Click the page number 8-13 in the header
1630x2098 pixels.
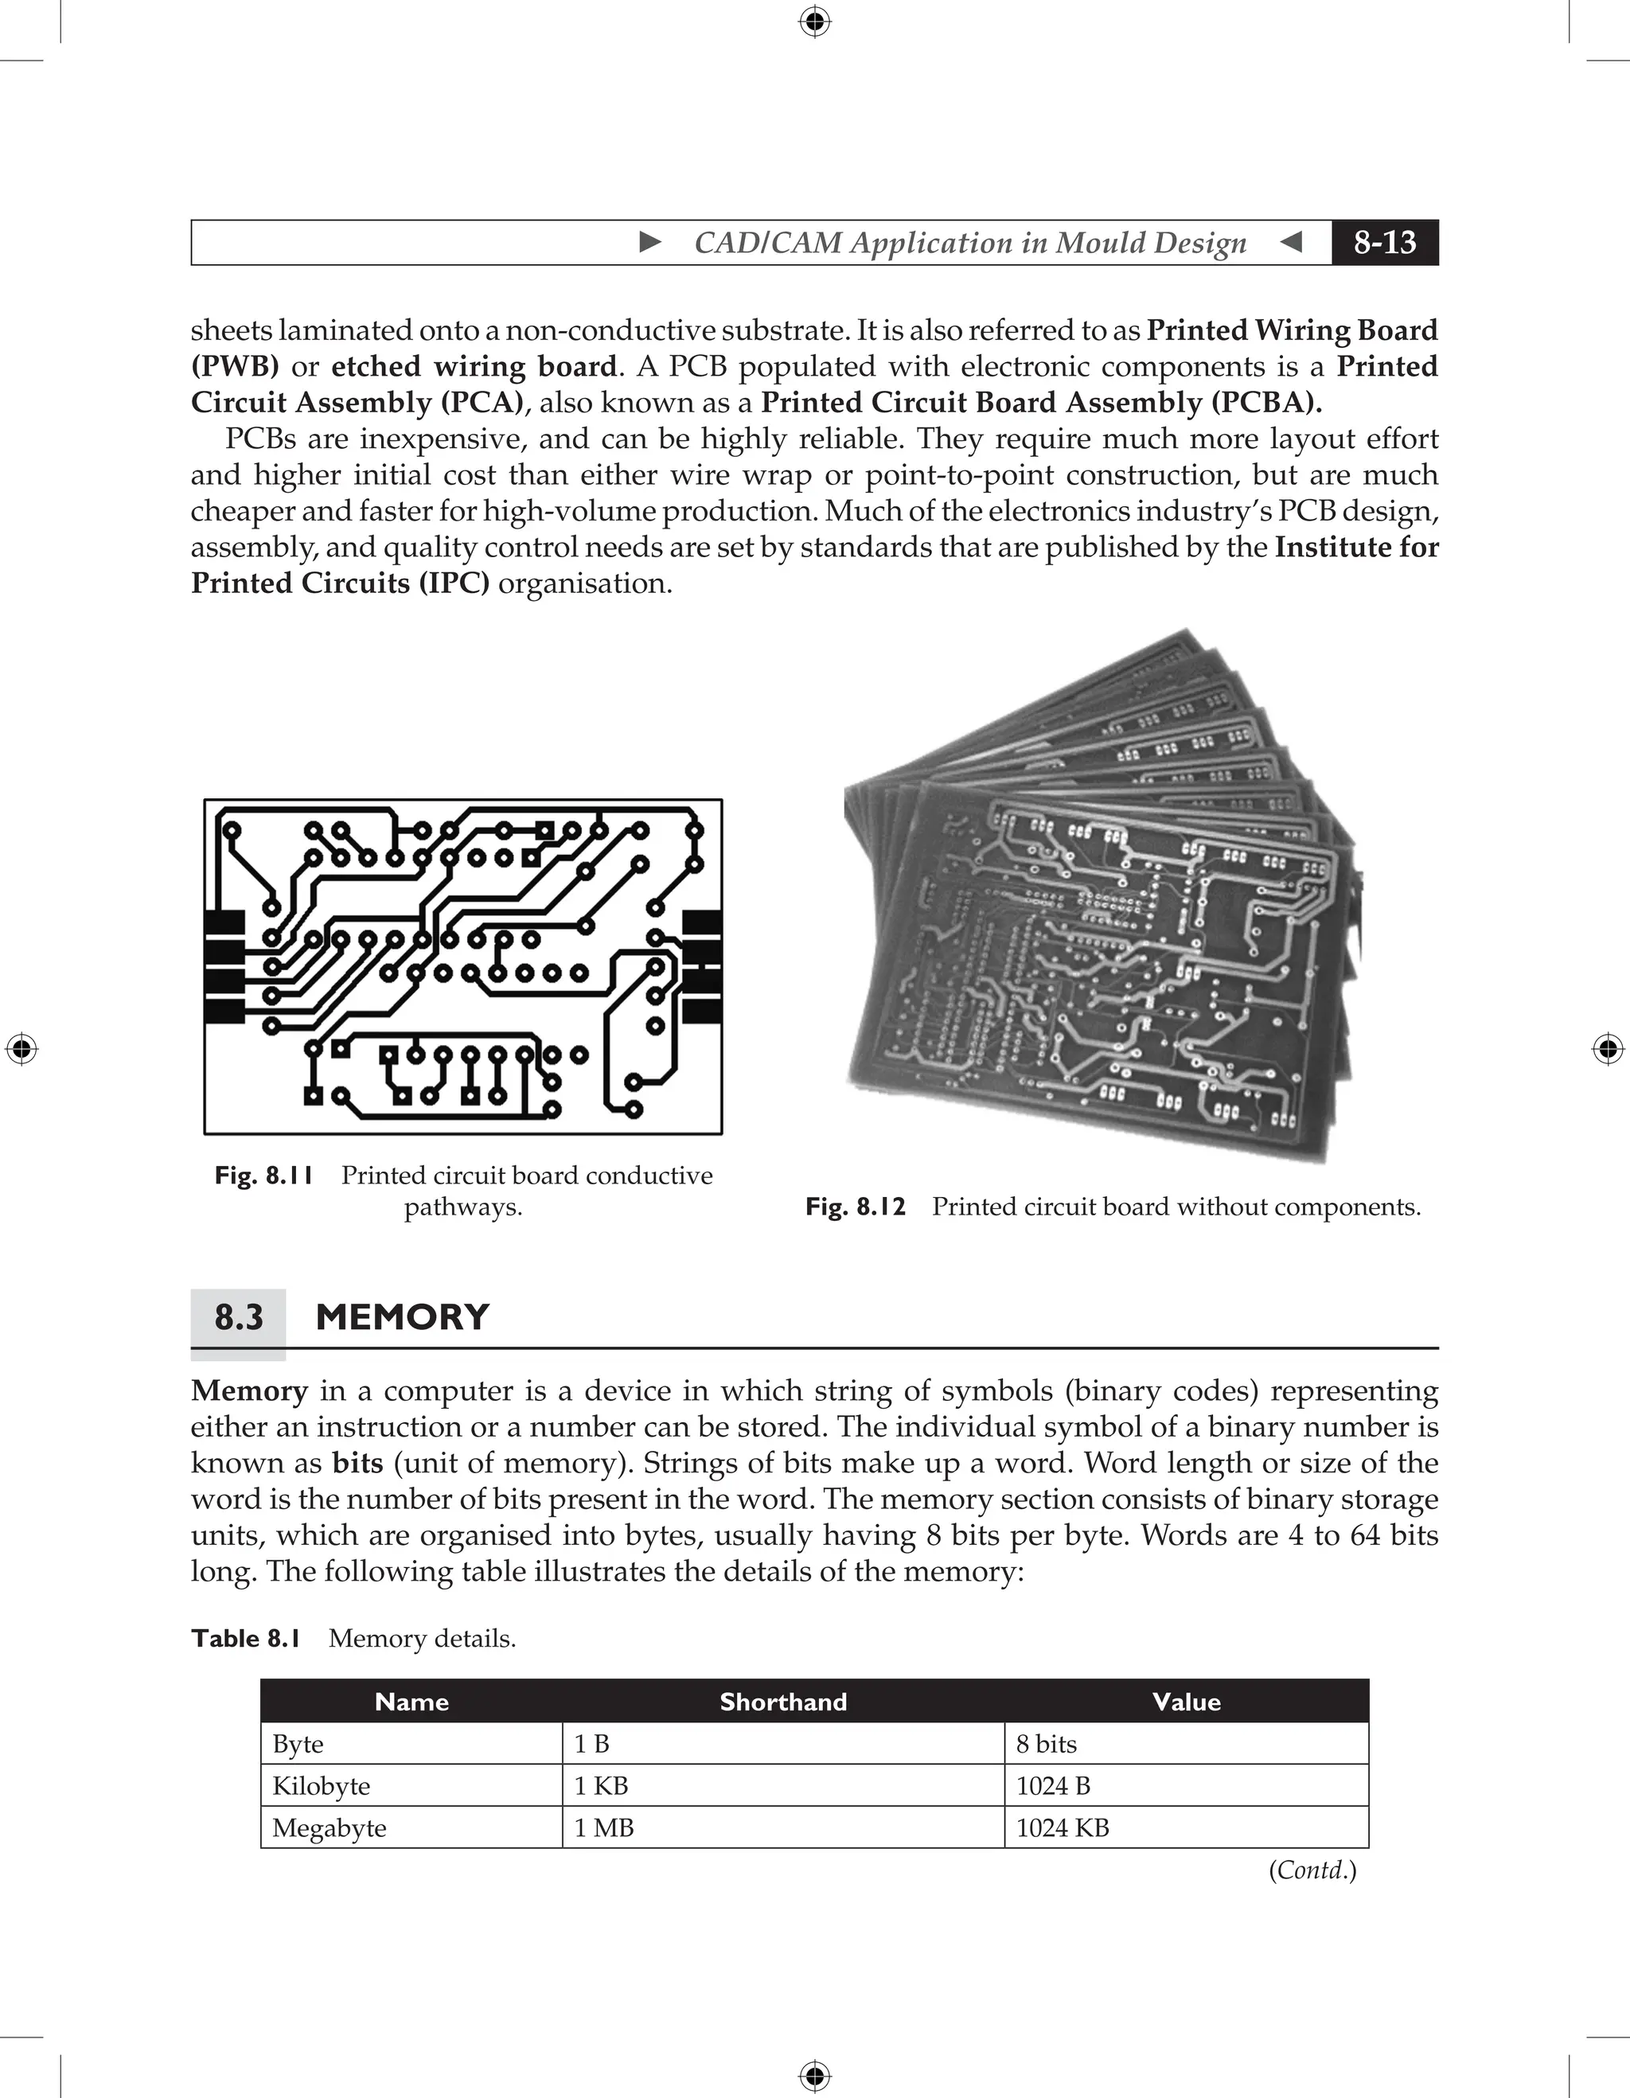[x=1384, y=242]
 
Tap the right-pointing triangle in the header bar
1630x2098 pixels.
[x=650, y=242]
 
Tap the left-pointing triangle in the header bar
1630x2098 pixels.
[x=1292, y=242]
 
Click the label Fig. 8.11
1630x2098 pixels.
[x=264, y=1176]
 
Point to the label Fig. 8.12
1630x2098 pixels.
[x=855, y=1207]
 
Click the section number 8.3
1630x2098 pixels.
[x=238, y=1317]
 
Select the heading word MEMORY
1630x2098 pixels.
[x=403, y=1317]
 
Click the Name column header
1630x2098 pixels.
[x=411, y=1702]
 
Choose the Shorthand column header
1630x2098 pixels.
[x=783, y=1702]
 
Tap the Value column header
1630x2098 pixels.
[x=1186, y=1702]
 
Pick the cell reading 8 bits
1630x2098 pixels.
[x=1046, y=1745]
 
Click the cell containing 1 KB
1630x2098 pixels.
[x=600, y=1787]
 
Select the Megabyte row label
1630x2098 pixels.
[x=330, y=1828]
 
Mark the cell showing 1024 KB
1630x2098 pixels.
[x=1063, y=1828]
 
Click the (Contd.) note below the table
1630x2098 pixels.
[x=1312, y=1870]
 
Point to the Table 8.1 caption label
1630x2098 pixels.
[x=246, y=1639]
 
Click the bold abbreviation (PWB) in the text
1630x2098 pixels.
[x=236, y=367]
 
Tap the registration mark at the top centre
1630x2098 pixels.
[x=814, y=21]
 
